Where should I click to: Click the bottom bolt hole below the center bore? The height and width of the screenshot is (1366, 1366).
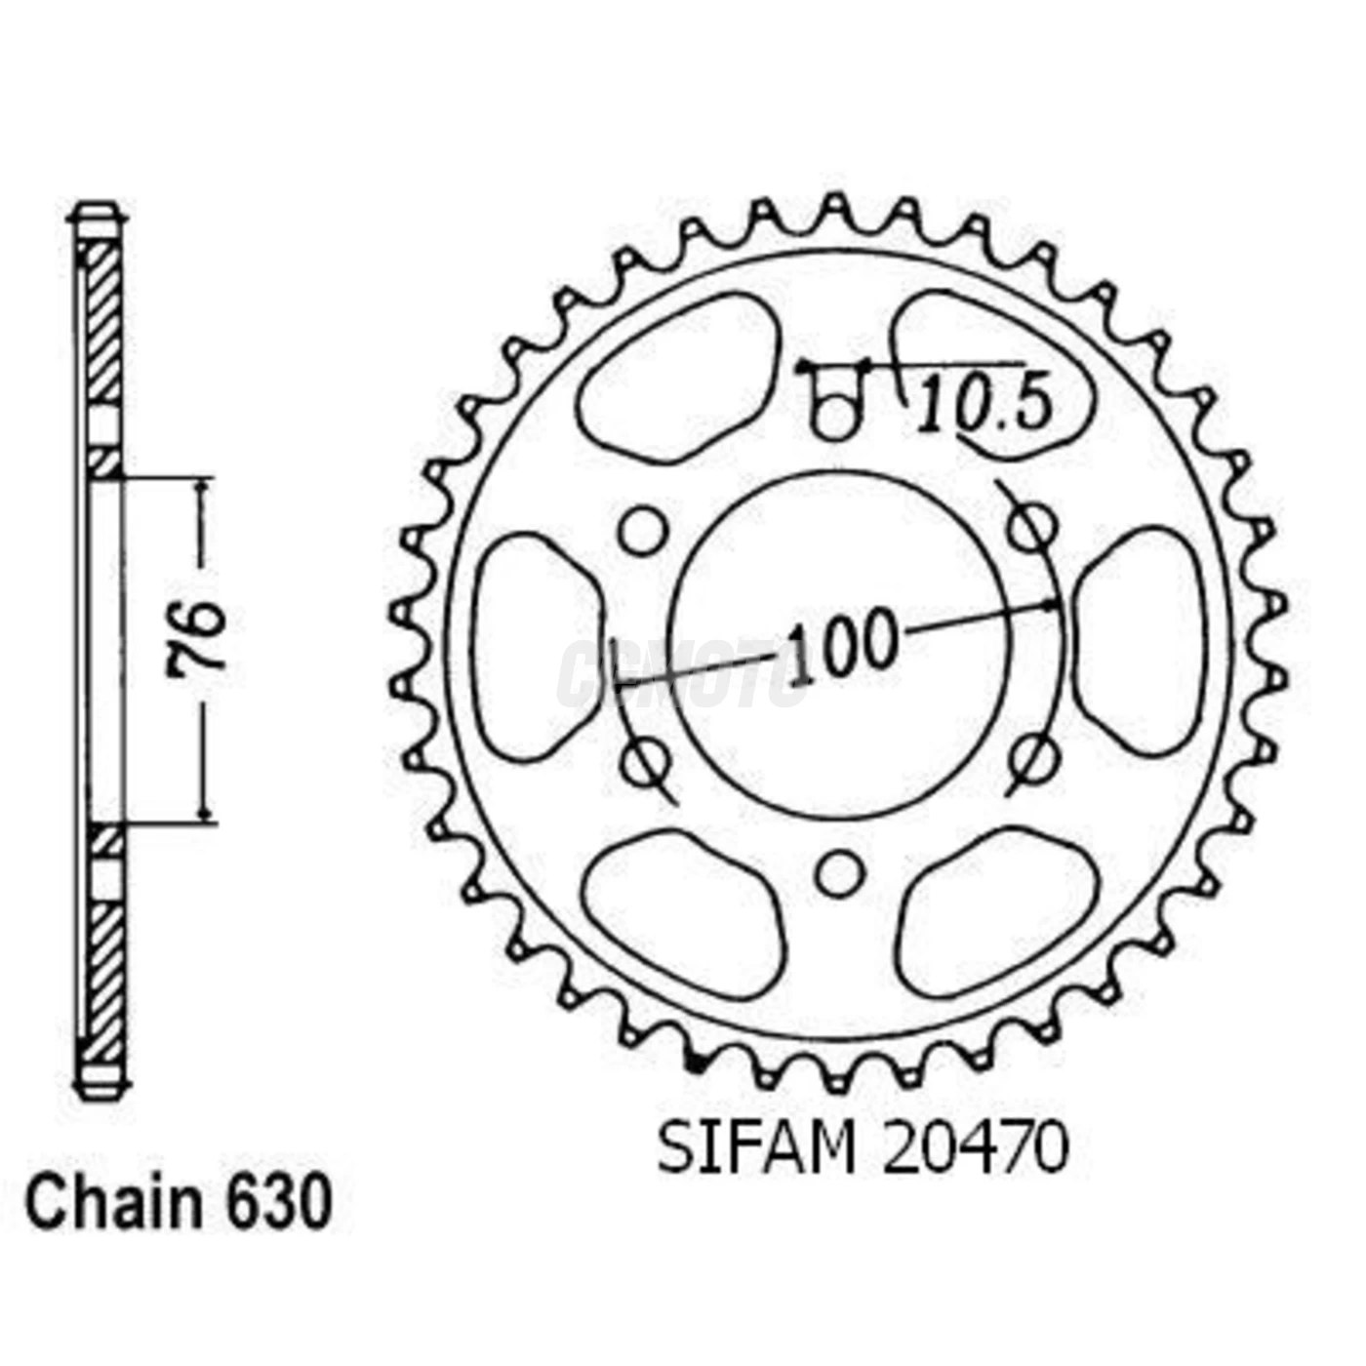coord(838,873)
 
